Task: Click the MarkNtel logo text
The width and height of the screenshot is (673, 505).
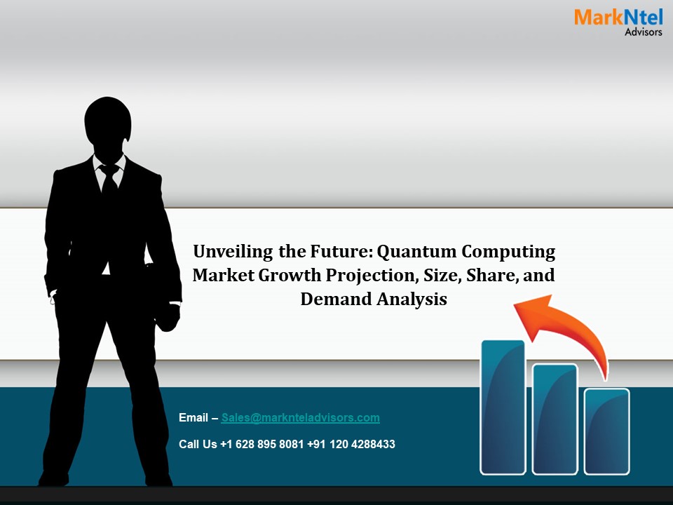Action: point(618,18)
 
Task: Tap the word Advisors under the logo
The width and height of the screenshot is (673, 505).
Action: point(643,32)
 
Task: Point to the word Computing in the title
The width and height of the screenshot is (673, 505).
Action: point(513,251)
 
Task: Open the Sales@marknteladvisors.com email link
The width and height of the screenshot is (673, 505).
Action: point(300,418)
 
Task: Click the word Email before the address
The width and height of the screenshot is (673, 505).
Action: point(194,418)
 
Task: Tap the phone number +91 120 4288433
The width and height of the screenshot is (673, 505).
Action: point(351,444)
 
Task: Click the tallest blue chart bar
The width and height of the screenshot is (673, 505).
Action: point(503,407)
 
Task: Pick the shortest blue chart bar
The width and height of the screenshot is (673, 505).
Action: point(607,431)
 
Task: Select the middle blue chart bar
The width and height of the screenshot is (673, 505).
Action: point(555,419)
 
